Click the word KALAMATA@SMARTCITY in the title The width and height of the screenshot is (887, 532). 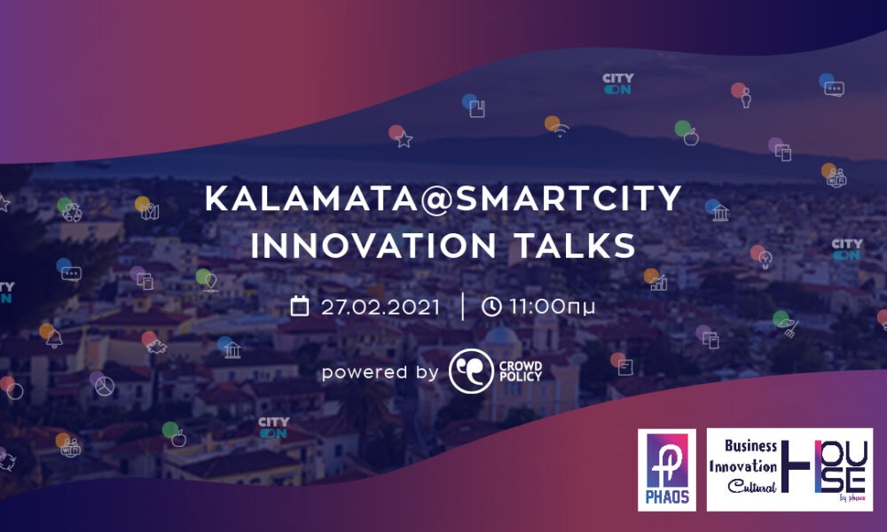tap(443, 198)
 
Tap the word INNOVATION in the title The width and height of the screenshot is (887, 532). tap(373, 246)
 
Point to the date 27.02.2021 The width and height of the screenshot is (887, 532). tap(381, 307)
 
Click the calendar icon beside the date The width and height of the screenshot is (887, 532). tap(300, 306)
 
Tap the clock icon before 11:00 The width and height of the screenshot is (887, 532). tap(491, 307)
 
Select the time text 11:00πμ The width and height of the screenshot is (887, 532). tap(552, 307)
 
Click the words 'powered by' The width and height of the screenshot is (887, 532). tap(381, 372)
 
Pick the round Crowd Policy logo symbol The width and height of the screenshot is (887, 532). tap(471, 371)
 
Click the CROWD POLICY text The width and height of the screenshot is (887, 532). tap(521, 371)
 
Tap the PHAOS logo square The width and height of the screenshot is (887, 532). tap(667, 470)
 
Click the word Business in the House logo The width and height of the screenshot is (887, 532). tap(750, 445)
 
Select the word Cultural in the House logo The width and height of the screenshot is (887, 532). tap(752, 486)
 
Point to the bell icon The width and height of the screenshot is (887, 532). tap(54, 339)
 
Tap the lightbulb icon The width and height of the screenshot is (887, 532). tap(765, 260)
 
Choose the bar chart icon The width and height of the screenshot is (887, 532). tap(658, 283)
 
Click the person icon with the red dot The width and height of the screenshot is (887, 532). tap(746, 98)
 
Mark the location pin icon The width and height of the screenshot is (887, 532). tap(211, 282)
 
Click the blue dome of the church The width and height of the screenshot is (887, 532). tap(501, 336)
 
